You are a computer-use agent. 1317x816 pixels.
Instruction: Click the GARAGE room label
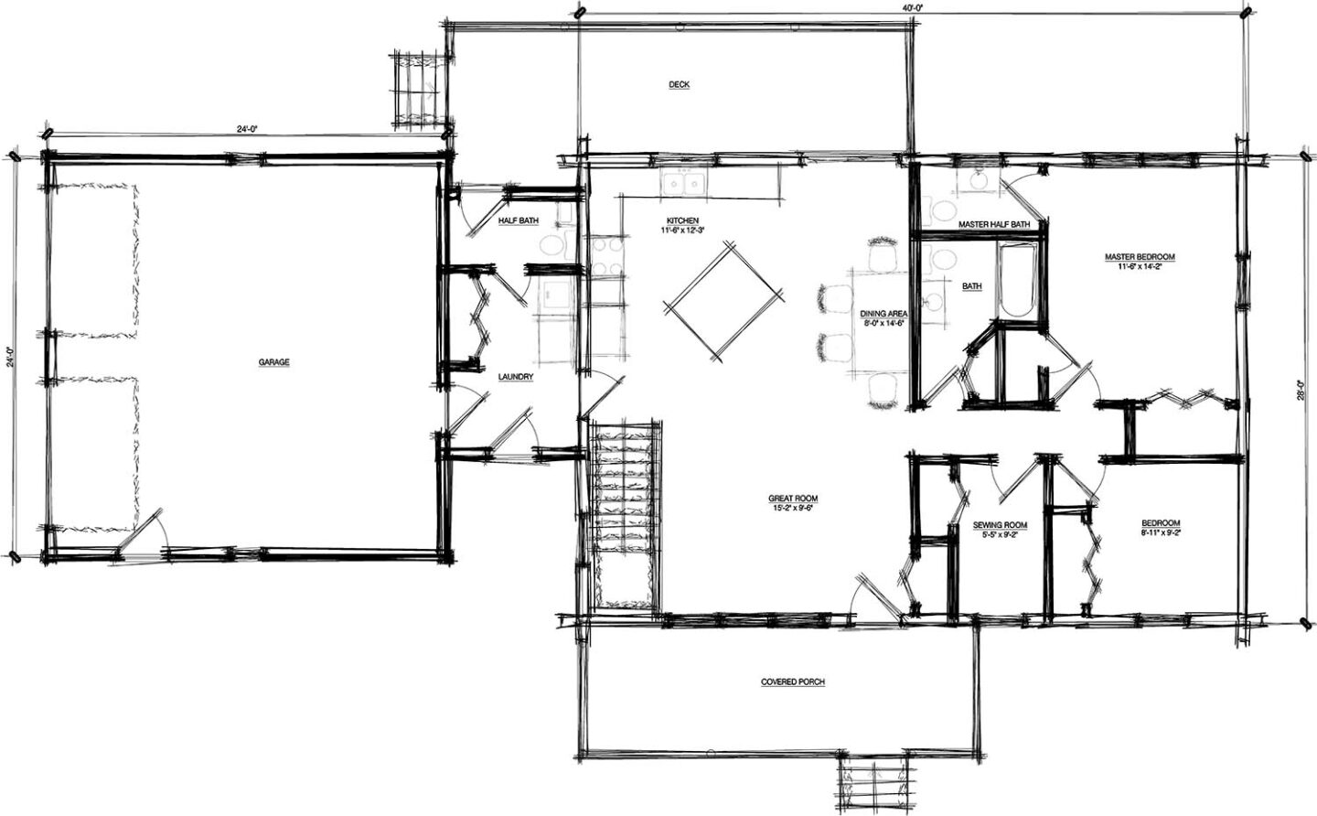coord(274,362)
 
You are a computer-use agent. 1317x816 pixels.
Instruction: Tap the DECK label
coord(679,85)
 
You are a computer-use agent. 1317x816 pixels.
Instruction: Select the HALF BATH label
coord(519,220)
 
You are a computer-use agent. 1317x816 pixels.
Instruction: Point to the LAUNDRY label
coord(516,377)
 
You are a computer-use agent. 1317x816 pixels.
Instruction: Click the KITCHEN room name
coord(682,220)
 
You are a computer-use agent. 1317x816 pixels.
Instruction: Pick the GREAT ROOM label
coord(793,499)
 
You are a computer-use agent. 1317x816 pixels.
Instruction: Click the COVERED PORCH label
coord(793,682)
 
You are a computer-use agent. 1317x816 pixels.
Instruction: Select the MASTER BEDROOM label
coord(1140,257)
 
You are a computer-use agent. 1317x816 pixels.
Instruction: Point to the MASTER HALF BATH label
coord(994,224)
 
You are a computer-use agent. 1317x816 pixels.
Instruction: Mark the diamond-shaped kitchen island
coord(723,301)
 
